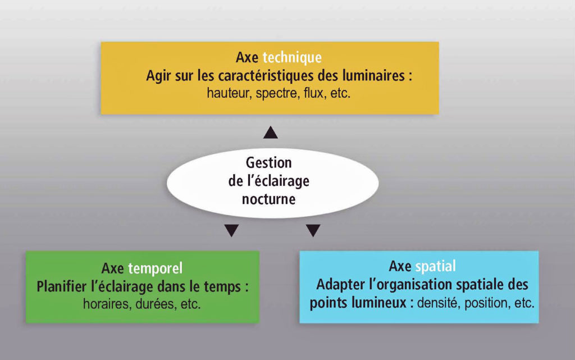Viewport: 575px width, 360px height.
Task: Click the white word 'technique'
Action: pos(292,58)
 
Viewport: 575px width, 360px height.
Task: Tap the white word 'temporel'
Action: pos(155,268)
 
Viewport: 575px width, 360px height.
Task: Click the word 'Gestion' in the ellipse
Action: pos(269,162)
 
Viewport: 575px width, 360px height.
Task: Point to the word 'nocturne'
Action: pos(269,199)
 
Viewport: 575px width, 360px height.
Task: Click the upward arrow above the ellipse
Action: pos(271,133)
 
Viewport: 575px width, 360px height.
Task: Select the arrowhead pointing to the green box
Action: pos(231,231)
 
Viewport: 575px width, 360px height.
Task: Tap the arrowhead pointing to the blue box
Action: pos(313,231)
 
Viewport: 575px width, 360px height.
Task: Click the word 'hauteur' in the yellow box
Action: pos(229,93)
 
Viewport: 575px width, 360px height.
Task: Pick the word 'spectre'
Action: pos(277,93)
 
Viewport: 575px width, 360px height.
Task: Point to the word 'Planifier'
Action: pos(62,286)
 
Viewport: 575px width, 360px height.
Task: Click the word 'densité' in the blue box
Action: pos(439,303)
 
